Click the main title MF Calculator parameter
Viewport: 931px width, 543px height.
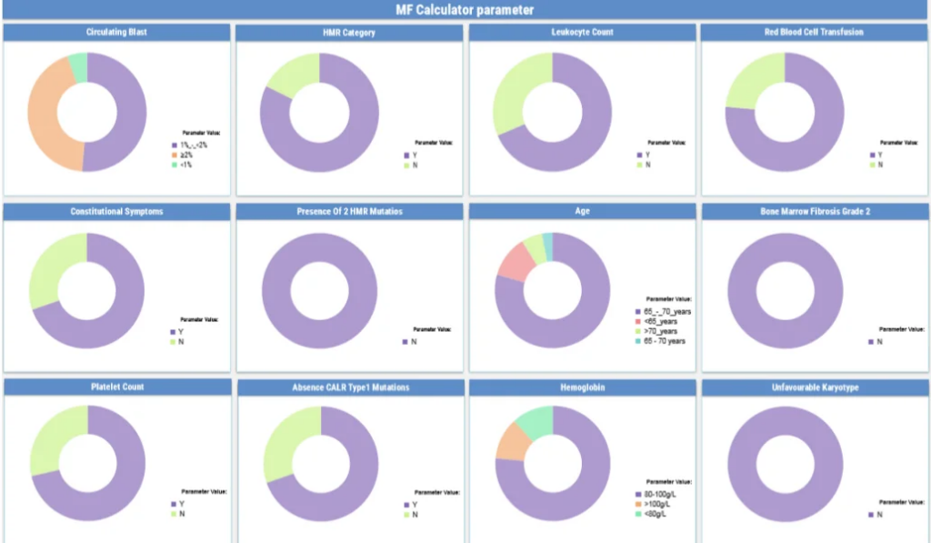click(465, 10)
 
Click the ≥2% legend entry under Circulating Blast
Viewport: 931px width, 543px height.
click(185, 156)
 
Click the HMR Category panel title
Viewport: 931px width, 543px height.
click(348, 33)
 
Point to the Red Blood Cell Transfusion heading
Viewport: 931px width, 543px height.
click(814, 32)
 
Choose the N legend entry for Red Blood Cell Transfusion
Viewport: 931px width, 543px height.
click(879, 165)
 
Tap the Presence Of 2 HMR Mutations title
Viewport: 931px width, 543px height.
click(349, 211)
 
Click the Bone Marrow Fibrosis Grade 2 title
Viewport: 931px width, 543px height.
click(814, 211)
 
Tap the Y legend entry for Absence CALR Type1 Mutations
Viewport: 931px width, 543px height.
click(414, 505)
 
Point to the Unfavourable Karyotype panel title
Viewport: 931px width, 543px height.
click(814, 387)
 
